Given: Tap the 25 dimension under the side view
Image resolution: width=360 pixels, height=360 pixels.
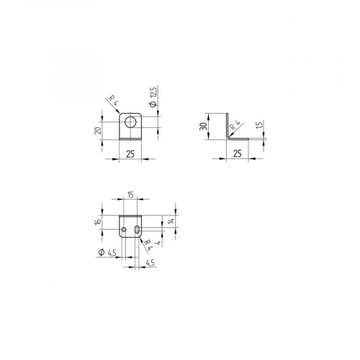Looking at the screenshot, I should [x=237, y=153].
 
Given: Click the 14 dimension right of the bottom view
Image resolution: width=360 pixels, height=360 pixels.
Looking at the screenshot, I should [x=171, y=221].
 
